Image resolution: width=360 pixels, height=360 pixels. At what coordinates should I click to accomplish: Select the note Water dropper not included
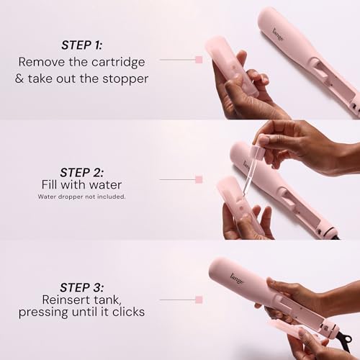click(81, 197)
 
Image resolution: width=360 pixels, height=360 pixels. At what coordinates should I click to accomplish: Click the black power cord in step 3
click(347, 338)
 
